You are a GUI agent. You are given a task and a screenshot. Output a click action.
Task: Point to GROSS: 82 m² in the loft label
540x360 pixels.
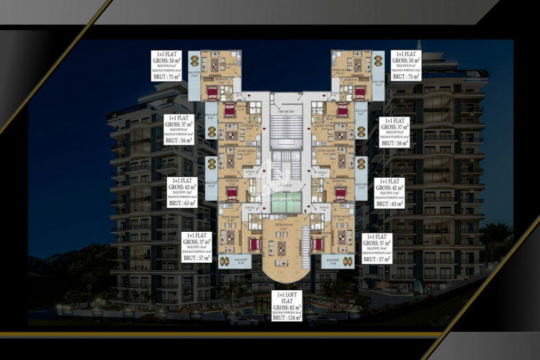[x=286, y=308]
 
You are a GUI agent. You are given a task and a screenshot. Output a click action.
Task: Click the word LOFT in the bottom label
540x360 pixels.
[x=285, y=295]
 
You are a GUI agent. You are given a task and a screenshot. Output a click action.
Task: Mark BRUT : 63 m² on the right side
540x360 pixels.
[x=390, y=204]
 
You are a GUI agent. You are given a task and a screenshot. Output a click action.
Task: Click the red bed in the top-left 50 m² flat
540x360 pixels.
[x=212, y=93]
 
